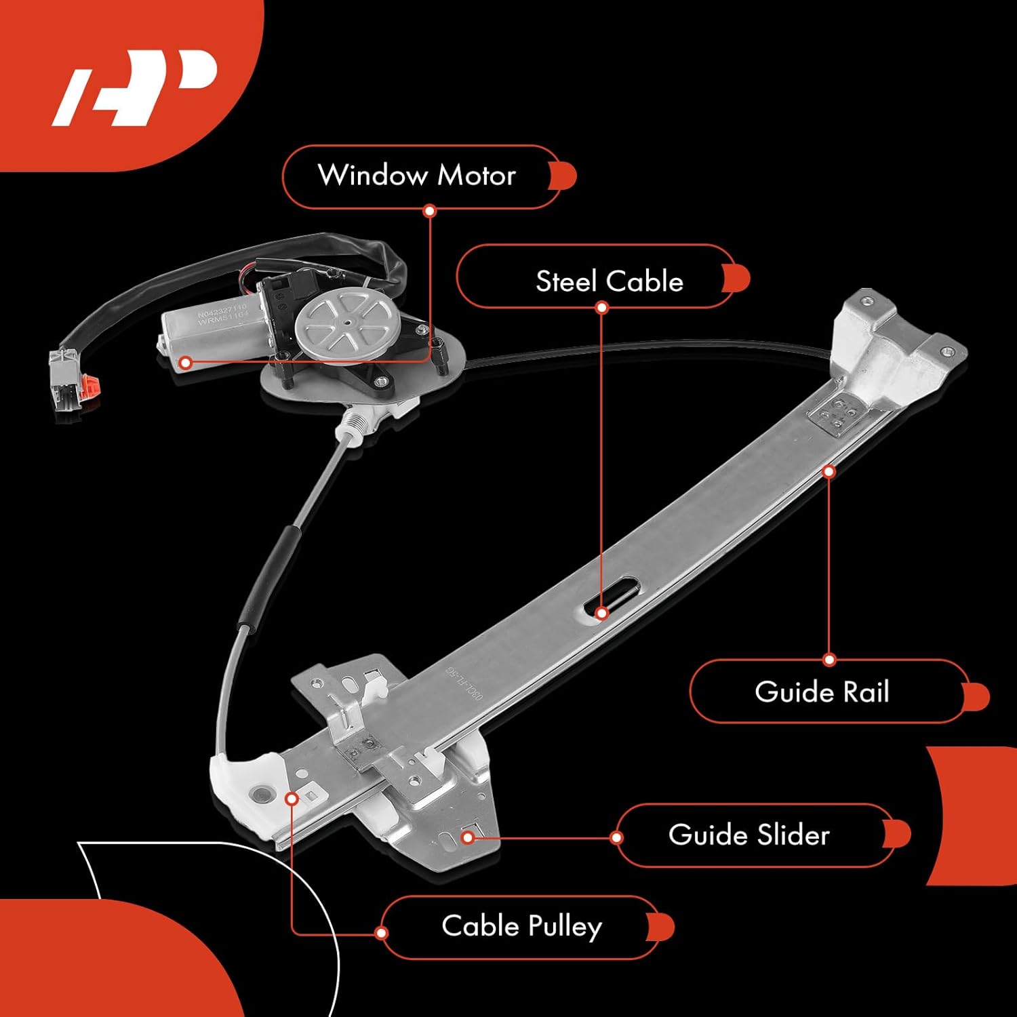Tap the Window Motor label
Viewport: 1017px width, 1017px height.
tap(417, 176)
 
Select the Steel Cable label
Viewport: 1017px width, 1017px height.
tap(609, 281)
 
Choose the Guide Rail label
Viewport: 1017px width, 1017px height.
tap(821, 692)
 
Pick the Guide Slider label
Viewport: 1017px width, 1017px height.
tap(749, 835)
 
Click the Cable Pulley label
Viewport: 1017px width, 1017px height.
tap(521, 926)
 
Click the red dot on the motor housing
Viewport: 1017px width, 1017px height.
tap(186, 363)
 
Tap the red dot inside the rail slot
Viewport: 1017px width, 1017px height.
tap(601, 613)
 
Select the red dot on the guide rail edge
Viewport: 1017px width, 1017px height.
tap(829, 471)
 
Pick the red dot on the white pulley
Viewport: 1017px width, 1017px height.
tap(292, 799)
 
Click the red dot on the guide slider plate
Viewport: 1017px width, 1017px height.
tap(467, 837)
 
